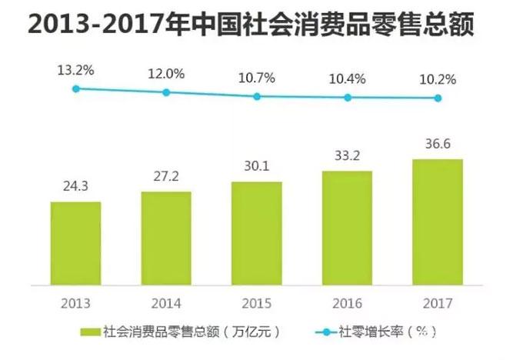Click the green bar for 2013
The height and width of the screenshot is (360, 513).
[x=75, y=243]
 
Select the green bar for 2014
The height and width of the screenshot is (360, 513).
[x=166, y=238]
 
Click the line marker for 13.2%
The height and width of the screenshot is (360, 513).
[x=75, y=89]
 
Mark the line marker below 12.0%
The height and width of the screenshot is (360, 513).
[x=166, y=92]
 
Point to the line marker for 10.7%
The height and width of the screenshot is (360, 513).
[x=257, y=97]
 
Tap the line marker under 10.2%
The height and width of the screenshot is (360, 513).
[x=438, y=98]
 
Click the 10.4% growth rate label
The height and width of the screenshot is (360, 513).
[x=347, y=78]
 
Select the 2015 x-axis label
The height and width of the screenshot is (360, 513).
[x=257, y=302]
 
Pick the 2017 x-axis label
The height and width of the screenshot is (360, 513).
[x=438, y=302]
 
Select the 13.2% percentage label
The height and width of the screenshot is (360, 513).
[x=75, y=70]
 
